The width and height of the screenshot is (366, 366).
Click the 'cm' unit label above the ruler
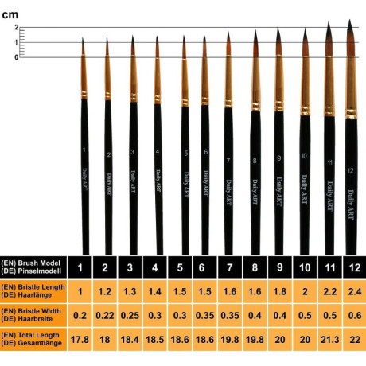(10, 15)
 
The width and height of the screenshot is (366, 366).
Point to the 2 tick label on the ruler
(17, 28)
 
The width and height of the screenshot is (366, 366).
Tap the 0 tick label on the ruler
(17, 57)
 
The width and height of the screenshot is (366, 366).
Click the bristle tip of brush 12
(349, 20)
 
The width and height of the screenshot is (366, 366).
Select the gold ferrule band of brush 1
(84, 95)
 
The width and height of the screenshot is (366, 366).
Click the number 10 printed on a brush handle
(304, 156)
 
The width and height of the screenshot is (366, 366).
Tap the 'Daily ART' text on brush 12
(351, 204)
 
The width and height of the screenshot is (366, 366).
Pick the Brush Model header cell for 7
(230, 267)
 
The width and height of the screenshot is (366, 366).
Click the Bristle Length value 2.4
(355, 291)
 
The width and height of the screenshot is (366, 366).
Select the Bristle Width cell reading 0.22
(105, 315)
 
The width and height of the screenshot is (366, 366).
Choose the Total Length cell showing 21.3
(330, 340)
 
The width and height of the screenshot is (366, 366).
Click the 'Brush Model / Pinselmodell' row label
(31, 267)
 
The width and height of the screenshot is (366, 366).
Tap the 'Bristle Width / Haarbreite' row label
(31, 315)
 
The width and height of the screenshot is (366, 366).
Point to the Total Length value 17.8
(80, 340)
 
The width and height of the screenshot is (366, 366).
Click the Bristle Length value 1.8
(280, 291)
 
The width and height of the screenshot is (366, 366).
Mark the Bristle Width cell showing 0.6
(355, 315)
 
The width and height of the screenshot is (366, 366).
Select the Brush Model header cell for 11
(330, 267)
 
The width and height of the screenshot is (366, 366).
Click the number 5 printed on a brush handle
(186, 153)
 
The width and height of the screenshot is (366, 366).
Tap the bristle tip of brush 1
(83, 38)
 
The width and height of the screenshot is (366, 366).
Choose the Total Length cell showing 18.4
(130, 340)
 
